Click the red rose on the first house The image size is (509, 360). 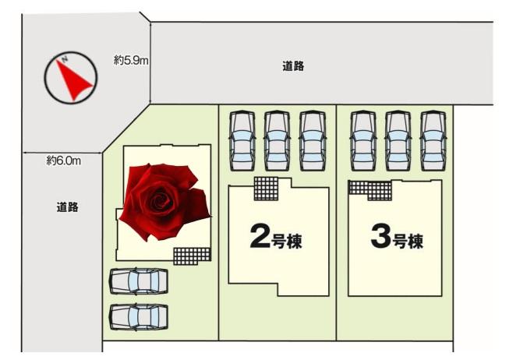pos(165,202)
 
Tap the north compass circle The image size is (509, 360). pos(70,54)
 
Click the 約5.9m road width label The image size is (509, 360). pos(131,60)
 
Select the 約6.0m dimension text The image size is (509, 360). pos(64,161)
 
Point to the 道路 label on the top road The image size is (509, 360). pos(293,66)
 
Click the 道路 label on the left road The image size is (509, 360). pos(68,207)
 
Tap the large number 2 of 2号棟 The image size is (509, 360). pos(260,236)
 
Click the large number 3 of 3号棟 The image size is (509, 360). pos(380,236)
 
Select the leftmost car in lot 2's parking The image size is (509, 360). pos(242,140)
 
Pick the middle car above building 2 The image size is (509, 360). pos(277,140)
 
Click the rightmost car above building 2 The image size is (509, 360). pos(313,140)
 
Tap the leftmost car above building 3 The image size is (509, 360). pos(363,140)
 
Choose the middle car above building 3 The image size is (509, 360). pos(398,140)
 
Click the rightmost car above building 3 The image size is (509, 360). pos(433,140)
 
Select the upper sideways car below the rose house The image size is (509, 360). pos(139,281)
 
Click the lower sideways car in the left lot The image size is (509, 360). pos(139,317)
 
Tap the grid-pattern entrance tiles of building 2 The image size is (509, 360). pos(266,189)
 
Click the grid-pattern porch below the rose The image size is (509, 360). pos(192,256)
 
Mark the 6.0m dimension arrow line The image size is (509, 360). pos(62,153)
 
